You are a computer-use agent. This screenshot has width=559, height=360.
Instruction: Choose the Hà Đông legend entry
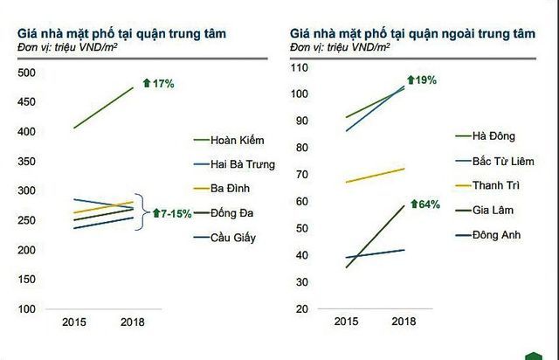[494, 135]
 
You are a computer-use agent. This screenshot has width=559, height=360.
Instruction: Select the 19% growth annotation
[423, 80]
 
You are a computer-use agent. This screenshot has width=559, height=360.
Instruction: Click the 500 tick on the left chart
[28, 73]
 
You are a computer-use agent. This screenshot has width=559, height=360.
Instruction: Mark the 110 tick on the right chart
[300, 67]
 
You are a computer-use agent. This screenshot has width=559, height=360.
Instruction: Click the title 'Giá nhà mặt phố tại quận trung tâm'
[122, 33]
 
